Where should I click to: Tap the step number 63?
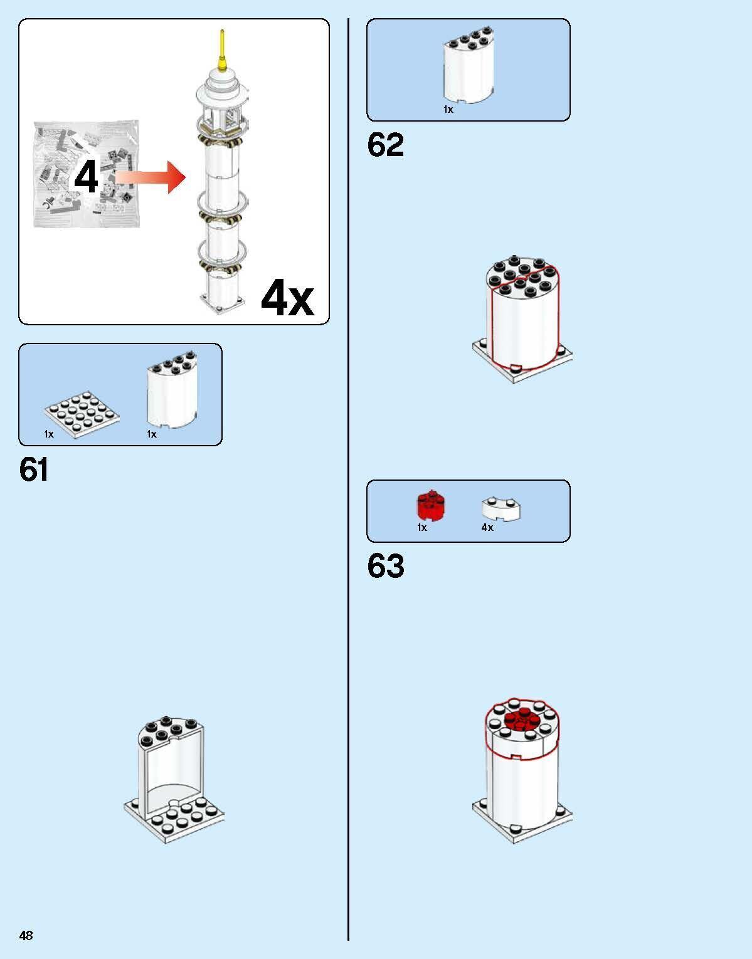click(x=386, y=565)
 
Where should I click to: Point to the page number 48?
click(x=26, y=935)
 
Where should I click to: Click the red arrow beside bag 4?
click(x=150, y=177)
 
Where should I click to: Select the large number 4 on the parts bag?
click(x=86, y=177)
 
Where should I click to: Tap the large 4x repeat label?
click(x=287, y=298)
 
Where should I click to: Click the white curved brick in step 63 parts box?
click(x=500, y=509)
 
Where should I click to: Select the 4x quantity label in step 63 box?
click(x=487, y=527)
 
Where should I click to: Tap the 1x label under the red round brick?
click(x=422, y=527)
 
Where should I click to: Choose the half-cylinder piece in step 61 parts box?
click(x=172, y=390)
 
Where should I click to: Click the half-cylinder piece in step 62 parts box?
click(x=469, y=65)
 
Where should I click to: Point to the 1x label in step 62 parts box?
click(x=448, y=110)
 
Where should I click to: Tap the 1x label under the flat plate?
click(x=48, y=434)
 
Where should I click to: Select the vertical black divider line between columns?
click(x=348, y=479)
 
